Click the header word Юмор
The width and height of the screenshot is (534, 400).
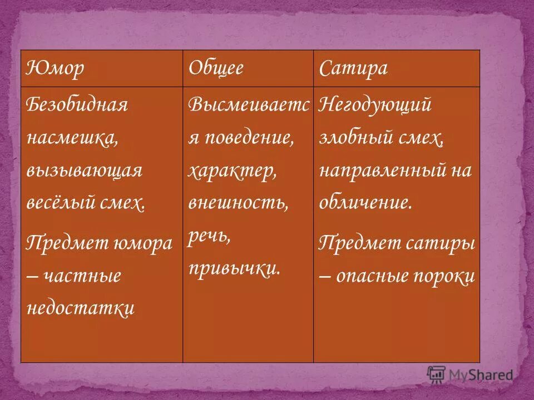tap(55, 69)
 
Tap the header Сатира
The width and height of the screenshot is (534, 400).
tap(353, 69)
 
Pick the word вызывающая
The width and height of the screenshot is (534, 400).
tap(84, 171)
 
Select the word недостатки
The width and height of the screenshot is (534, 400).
tap(81, 308)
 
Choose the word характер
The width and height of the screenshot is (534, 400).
tap(233, 171)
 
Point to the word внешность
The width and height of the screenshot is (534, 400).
tap(238, 203)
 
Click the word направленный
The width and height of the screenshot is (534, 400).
tap(384, 171)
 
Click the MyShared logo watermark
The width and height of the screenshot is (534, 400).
tap(470, 375)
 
